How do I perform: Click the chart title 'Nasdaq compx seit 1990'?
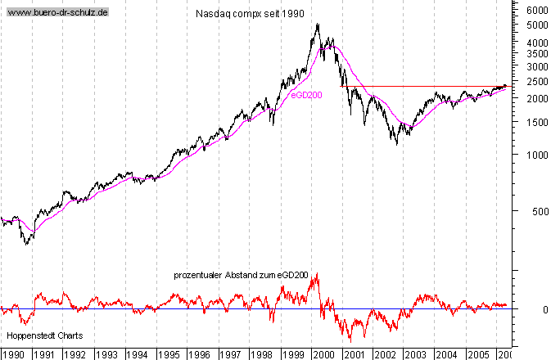click(250, 15)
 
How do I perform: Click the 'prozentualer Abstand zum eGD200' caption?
click(241, 275)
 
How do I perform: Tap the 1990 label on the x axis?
click(14, 354)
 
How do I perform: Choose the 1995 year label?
click(168, 354)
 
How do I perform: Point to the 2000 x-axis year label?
click(323, 354)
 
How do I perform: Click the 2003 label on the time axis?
click(415, 354)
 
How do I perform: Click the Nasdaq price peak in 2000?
click(318, 25)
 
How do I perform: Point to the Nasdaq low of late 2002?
click(397, 145)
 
